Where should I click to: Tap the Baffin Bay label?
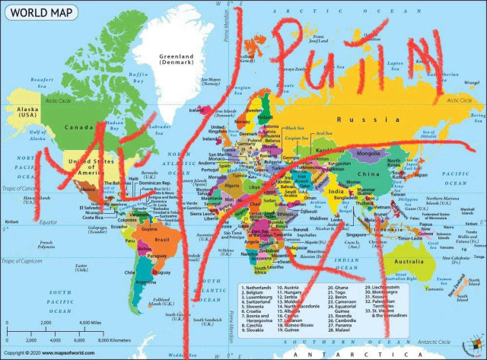[138, 76]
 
